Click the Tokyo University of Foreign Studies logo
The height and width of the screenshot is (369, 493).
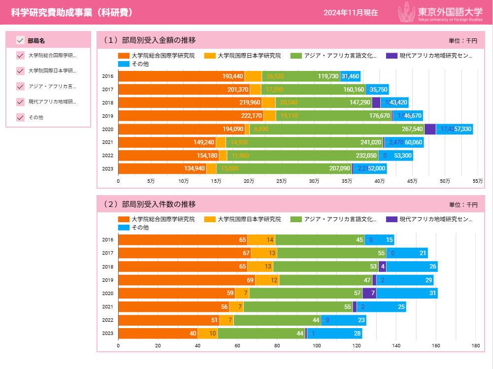441,12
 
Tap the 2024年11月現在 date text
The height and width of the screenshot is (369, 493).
351,13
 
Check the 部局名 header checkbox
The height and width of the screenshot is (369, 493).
21,40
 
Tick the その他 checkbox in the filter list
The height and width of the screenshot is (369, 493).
21,117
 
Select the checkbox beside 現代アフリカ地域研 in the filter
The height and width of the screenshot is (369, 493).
21,102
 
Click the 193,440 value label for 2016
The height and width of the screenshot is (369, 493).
232,76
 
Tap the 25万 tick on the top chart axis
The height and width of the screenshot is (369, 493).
281,181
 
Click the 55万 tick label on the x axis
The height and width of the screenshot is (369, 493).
477,181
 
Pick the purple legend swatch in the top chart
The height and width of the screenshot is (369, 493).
392,56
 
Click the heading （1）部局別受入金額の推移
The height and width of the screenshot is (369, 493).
149,40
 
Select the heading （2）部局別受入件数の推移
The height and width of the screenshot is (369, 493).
149,204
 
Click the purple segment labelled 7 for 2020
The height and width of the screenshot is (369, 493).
369,293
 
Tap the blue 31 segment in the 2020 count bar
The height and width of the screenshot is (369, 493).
407,293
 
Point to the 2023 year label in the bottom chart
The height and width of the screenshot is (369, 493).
108,334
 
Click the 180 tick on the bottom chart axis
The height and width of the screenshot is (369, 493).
475,345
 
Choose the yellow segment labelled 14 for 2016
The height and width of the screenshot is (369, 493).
261,240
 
